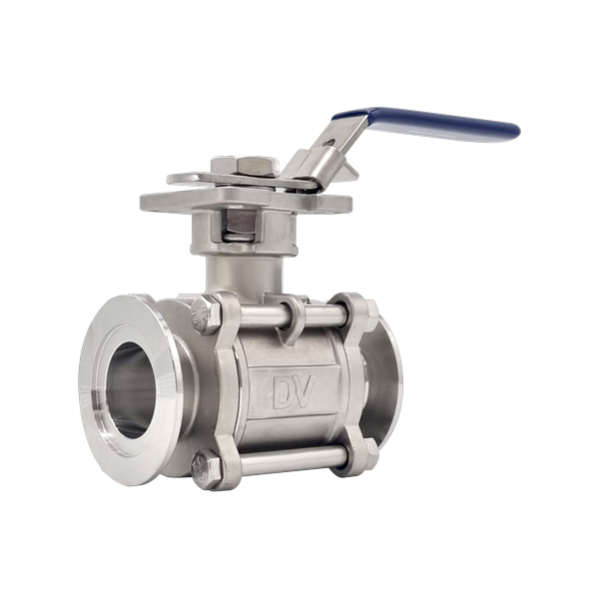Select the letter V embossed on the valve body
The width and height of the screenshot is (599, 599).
tap(305, 389)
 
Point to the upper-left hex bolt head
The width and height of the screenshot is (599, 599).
tap(205, 314)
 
